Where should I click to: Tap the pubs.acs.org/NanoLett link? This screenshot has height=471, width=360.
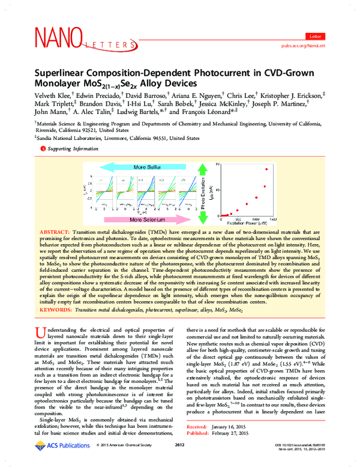(x=309, y=45)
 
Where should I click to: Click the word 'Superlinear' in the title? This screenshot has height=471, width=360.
(x=67, y=71)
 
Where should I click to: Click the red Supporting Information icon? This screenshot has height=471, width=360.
(x=42, y=147)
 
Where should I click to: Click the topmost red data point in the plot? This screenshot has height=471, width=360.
(x=266, y=169)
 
